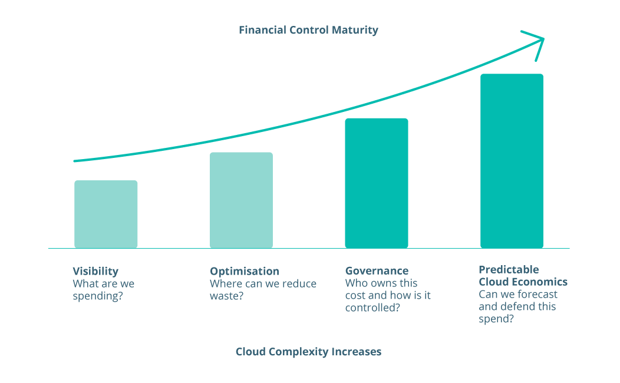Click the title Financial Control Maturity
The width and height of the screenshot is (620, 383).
click(x=308, y=30)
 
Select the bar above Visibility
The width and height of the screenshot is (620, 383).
click(x=106, y=214)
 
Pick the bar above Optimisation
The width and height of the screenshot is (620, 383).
click(x=241, y=200)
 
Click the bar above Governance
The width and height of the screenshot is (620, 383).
click(x=377, y=183)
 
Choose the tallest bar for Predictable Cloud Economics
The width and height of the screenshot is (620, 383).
click(x=512, y=160)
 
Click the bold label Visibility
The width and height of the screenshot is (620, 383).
click(x=95, y=271)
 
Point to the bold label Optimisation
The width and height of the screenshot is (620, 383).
click(x=245, y=271)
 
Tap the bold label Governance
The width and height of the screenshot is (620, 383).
click(x=377, y=271)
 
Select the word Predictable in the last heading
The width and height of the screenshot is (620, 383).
click(x=509, y=270)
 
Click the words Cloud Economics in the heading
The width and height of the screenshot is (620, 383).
click(x=523, y=282)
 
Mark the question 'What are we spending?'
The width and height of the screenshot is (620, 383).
click(x=103, y=289)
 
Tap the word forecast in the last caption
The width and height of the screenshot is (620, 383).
click(x=536, y=294)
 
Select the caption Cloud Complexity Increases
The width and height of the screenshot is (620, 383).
click(x=308, y=352)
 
